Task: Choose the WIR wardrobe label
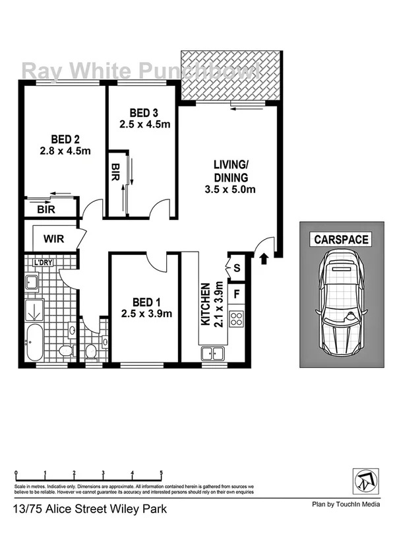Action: [54, 238]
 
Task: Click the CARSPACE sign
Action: [341, 240]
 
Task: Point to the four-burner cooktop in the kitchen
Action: [236, 320]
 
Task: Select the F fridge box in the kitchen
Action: [237, 291]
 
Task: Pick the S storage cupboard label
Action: [237, 267]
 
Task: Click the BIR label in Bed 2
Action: [46, 209]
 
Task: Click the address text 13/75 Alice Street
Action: [90, 509]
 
